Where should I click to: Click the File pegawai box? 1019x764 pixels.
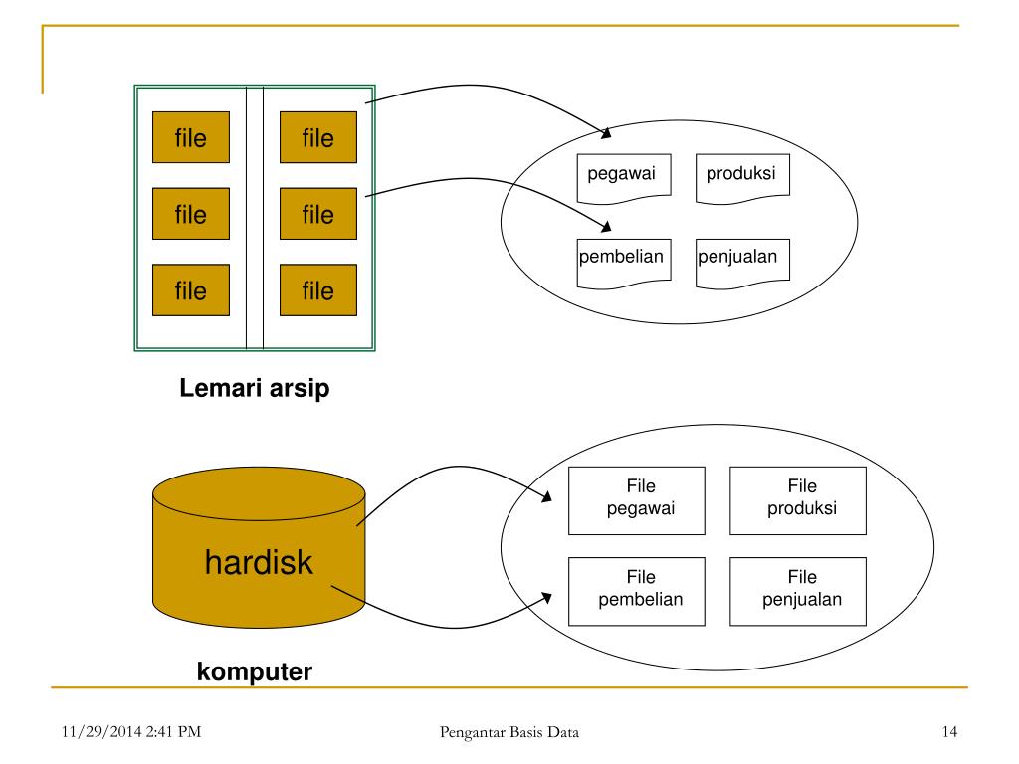(637, 499)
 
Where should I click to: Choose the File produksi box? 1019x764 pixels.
(798, 499)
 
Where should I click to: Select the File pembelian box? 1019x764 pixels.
(637, 590)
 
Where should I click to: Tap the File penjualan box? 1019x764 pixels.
(798, 590)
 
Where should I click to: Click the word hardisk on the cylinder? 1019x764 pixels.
(259, 563)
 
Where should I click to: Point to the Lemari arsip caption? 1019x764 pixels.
(254, 389)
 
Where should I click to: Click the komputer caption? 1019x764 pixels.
(255, 672)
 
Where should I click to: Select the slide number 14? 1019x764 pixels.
(948, 734)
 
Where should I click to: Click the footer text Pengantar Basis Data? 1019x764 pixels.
(509, 734)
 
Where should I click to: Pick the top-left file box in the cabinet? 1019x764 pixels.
(191, 137)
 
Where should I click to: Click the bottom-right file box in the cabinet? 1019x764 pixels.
(318, 290)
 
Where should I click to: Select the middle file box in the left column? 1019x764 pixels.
(191, 214)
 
